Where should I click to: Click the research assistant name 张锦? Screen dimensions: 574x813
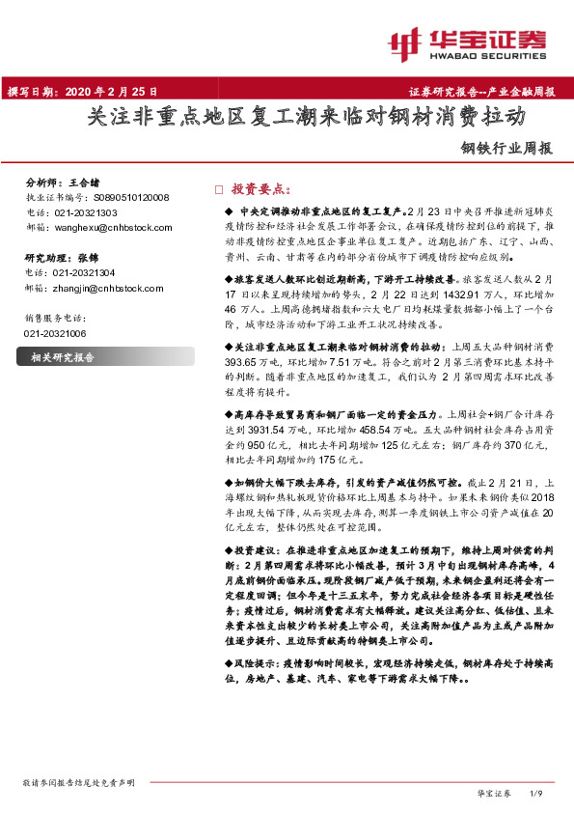pyautogui.click(x=89, y=258)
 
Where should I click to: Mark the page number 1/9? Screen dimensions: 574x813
pyautogui.click(x=537, y=793)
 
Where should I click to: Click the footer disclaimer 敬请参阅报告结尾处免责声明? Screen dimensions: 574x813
pyautogui.click(x=76, y=782)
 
